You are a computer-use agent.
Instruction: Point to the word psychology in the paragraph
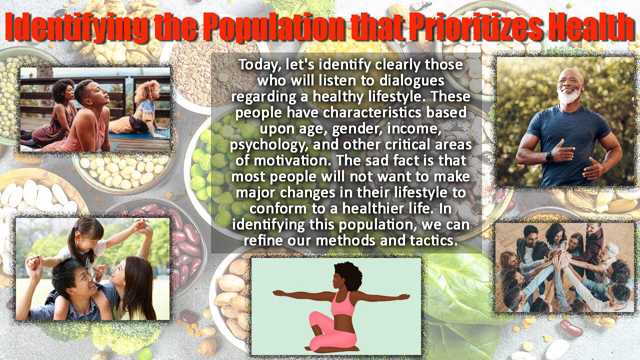click(x=269, y=145)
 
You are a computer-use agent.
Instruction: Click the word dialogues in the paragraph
click(x=411, y=81)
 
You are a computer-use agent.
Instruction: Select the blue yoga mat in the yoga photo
click(x=140, y=134)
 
